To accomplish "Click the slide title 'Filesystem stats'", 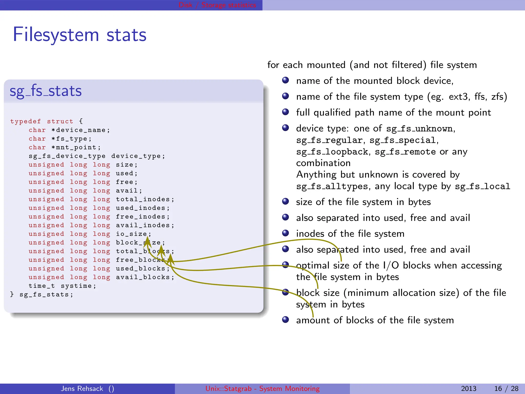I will [79, 35].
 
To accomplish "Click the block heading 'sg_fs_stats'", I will [46, 91].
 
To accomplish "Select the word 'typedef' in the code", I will [25, 121].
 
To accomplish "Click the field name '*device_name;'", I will [80, 130].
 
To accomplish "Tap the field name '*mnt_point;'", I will [76, 147].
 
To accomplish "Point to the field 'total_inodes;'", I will [145, 199].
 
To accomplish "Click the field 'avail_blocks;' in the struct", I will [145, 277].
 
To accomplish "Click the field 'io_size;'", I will [133, 234].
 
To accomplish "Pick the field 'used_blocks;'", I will [143, 269].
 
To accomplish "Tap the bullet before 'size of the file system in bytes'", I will [285, 202].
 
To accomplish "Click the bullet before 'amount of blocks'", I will [285, 320].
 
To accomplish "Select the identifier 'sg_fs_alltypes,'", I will [333, 186].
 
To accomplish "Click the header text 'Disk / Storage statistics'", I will [217, 5].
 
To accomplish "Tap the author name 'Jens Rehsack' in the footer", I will [82, 389].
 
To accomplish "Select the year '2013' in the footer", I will [468, 389].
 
